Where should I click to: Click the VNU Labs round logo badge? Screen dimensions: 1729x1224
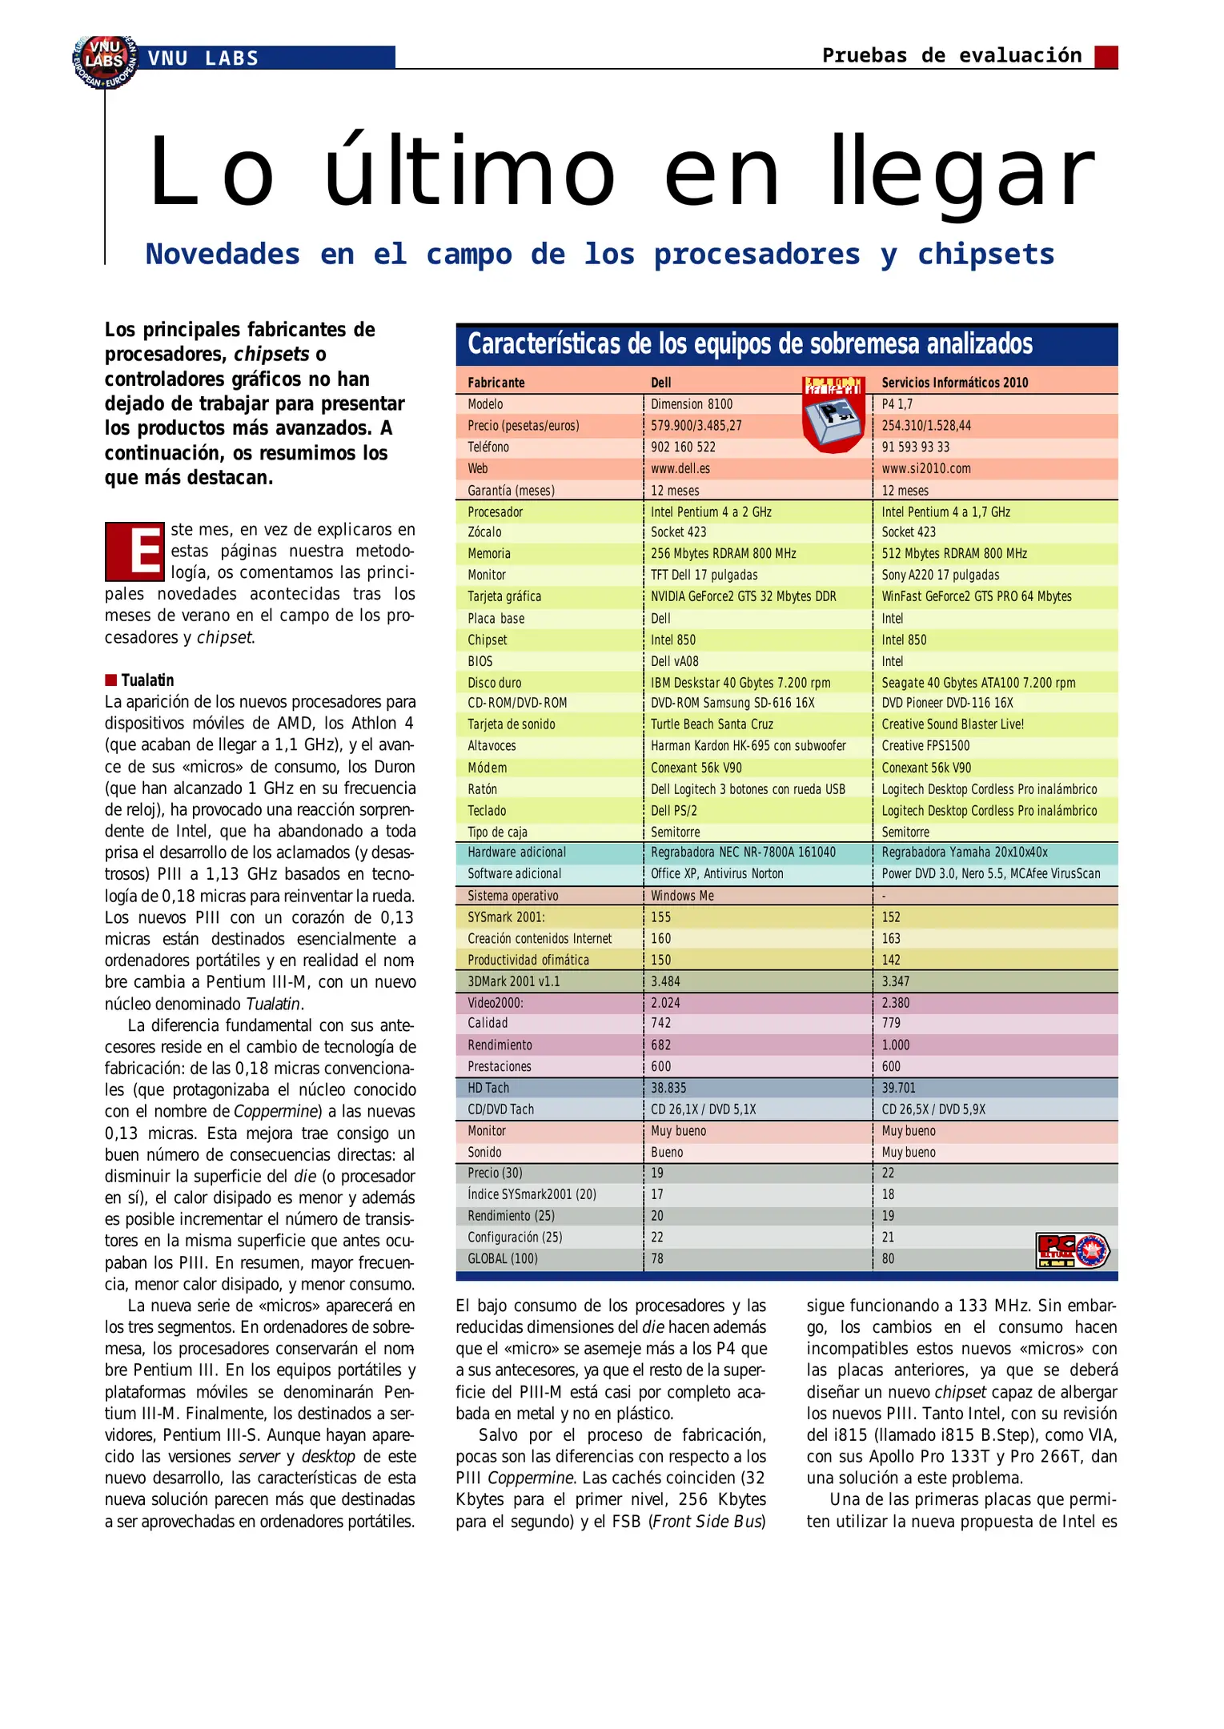click(105, 61)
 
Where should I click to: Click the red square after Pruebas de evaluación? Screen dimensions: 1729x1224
click(1106, 57)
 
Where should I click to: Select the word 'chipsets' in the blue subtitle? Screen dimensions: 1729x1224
click(985, 255)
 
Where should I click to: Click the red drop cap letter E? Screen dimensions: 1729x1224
click(134, 552)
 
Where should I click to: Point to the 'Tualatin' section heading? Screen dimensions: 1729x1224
click(147, 680)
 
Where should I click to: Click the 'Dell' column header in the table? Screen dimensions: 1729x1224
click(661, 383)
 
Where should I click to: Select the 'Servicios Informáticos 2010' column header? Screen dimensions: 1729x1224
click(954, 383)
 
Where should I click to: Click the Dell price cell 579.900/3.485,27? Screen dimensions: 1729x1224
click(696, 426)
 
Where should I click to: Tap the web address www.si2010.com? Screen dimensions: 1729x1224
click(925, 468)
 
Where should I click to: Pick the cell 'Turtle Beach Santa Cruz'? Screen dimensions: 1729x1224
click(712, 724)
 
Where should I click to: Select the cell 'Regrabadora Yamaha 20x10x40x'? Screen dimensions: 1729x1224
click(964, 852)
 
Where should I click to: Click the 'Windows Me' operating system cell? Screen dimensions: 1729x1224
click(682, 896)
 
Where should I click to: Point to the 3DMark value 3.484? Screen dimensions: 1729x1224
click(665, 981)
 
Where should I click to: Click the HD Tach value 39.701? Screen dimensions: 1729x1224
click(898, 1088)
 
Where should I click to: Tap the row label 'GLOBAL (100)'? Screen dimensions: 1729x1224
click(503, 1258)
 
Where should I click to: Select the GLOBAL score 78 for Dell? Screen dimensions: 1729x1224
click(657, 1258)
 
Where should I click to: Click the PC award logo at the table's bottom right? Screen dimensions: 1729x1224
click(1072, 1250)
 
